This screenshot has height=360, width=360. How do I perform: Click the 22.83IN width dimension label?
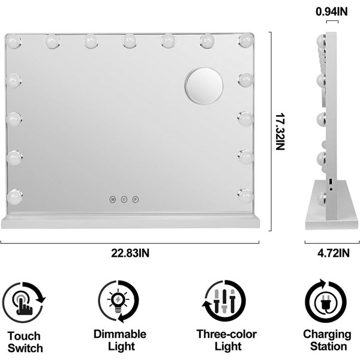130,253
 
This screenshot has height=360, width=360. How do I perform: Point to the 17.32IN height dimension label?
280,131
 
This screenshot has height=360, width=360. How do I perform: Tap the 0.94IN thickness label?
332,11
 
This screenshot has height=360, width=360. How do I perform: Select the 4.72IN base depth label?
334,253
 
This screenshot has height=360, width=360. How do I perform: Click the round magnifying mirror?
204,86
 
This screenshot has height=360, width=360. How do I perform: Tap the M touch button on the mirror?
113,200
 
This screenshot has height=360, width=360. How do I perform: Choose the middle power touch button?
124,200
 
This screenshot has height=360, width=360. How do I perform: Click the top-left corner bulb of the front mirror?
13,41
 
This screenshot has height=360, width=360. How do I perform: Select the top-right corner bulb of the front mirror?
246,40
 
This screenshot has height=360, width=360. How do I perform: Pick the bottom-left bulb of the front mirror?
14,197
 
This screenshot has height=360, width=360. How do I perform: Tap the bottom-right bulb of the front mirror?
245,196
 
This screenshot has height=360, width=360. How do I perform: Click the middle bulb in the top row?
130,41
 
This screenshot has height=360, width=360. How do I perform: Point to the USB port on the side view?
331,182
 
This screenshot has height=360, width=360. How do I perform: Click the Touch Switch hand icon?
23,303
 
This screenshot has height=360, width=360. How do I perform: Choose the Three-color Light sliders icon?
224,301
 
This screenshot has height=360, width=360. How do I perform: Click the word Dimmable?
120,334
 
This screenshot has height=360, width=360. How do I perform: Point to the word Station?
329,346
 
